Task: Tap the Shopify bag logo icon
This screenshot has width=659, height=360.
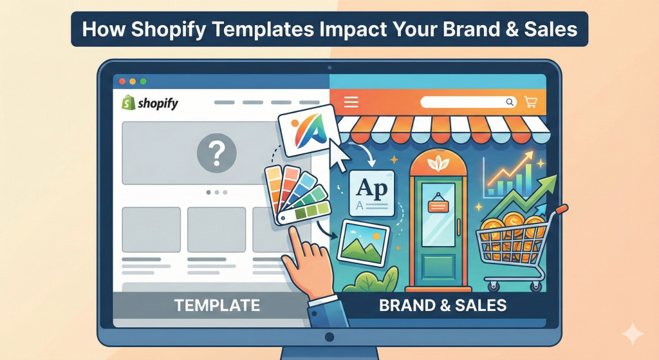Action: (127, 102)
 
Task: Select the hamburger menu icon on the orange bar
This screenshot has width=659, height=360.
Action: (351, 102)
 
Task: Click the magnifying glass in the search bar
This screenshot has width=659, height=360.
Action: (510, 102)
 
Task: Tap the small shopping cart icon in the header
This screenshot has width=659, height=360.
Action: (531, 102)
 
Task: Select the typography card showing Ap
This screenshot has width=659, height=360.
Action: (371, 192)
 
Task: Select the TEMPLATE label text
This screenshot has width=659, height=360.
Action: (218, 305)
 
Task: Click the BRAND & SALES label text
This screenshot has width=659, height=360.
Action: (443, 305)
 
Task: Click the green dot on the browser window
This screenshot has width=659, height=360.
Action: (143, 82)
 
